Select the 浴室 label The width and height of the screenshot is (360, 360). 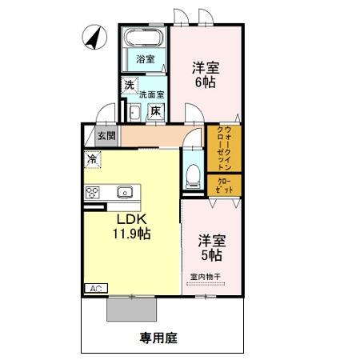pyautogui.click(x=144, y=59)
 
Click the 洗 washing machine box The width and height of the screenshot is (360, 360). pyautogui.click(x=128, y=85)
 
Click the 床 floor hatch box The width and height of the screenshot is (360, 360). pyautogui.click(x=157, y=111)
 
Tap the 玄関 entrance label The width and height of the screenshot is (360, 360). pyautogui.click(x=106, y=136)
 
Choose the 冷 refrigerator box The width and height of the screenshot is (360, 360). pyautogui.click(x=93, y=159)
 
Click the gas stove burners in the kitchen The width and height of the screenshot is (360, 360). pyautogui.click(x=92, y=192)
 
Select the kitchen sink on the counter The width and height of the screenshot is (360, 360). pyautogui.click(x=125, y=192)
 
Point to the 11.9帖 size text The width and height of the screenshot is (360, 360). pyautogui.click(x=130, y=234)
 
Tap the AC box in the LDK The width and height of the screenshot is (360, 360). pyautogui.click(x=94, y=288)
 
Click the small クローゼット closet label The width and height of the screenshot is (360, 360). pyautogui.click(x=223, y=185)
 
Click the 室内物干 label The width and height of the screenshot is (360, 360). pyautogui.click(x=206, y=277)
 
